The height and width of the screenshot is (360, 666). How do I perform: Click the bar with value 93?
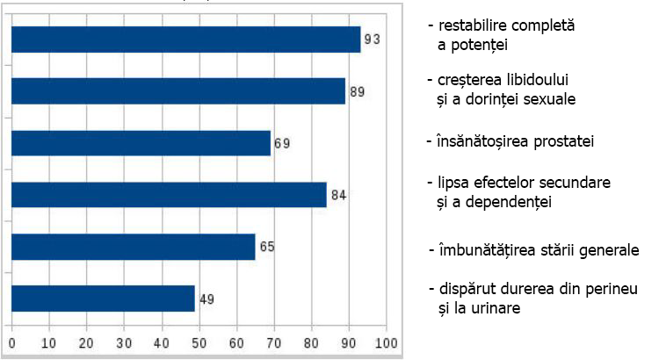coord(185,40)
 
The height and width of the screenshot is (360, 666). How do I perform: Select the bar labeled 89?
coord(178,91)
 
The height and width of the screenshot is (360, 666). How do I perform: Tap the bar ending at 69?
coord(141,143)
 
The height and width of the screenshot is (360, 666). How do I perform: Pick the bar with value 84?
coord(169,195)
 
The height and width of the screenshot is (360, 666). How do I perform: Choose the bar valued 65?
coord(134,247)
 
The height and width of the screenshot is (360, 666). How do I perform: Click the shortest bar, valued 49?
coord(103,299)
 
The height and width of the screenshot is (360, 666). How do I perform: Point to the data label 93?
coord(373,40)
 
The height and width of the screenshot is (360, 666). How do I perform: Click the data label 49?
coord(206,299)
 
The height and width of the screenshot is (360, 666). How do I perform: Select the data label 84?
coord(338,195)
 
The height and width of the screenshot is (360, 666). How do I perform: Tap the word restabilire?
coord(473,26)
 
